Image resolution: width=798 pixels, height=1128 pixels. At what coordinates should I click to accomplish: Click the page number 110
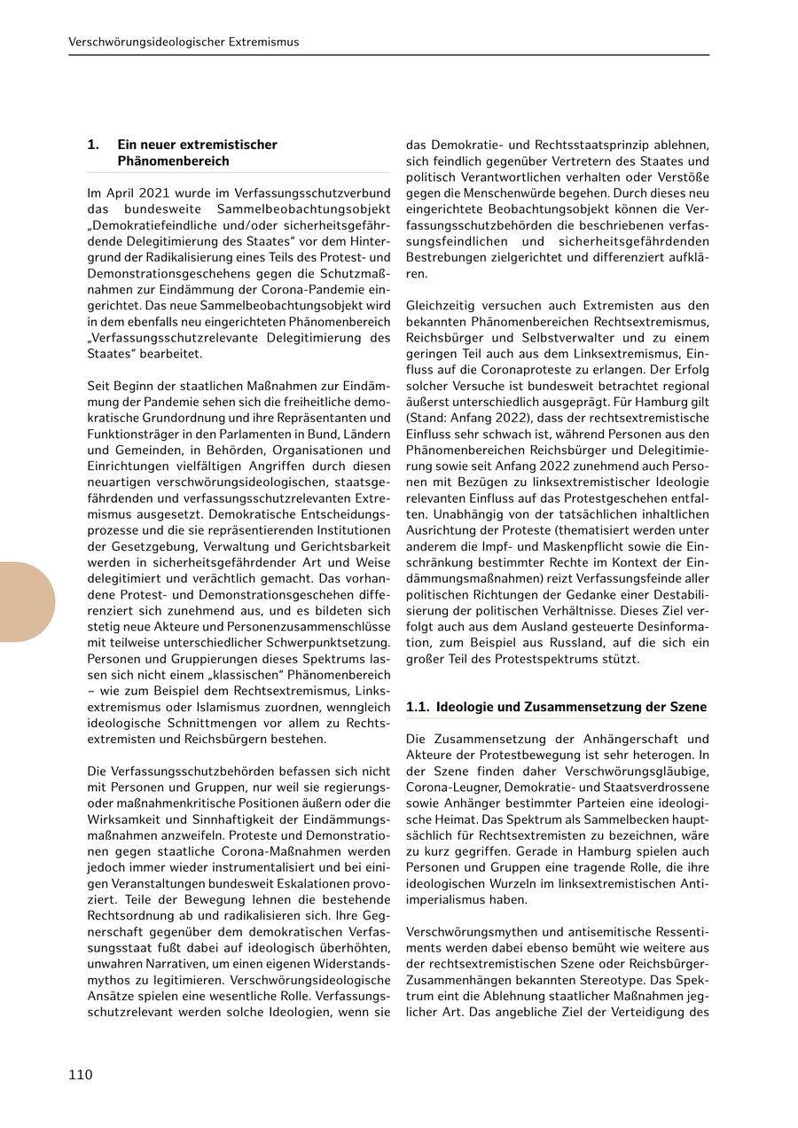pyautogui.click(x=81, y=1075)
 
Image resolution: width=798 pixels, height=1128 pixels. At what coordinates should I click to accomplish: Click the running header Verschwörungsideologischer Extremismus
pyautogui.click(x=184, y=42)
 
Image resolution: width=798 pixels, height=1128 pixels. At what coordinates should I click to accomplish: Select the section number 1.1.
pyautogui.click(x=418, y=707)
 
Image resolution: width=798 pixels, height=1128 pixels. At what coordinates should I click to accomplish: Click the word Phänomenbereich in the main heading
pyautogui.click(x=173, y=161)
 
